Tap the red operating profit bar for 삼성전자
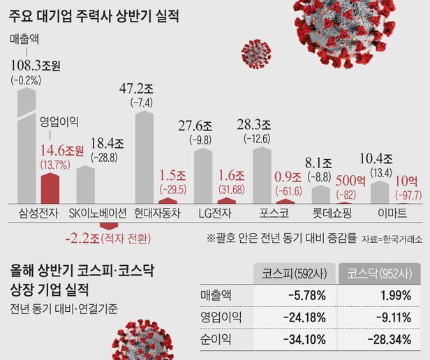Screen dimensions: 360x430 (49, 186)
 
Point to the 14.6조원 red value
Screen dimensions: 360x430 (62, 150)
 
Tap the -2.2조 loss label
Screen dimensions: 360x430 (84, 239)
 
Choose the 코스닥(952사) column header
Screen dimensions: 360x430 (378, 272)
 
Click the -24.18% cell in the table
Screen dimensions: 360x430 (303, 317)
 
